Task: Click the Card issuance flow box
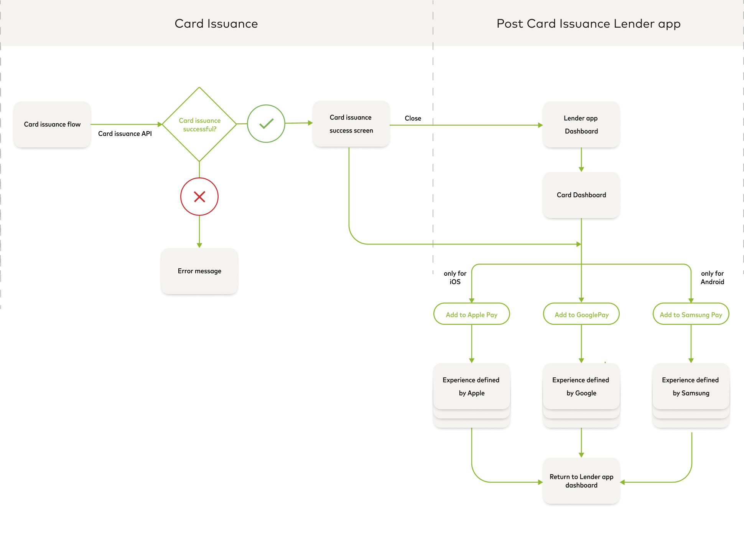click(x=52, y=124)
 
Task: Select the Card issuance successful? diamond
click(x=199, y=124)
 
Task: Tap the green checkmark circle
click(x=266, y=124)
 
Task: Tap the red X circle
click(x=199, y=197)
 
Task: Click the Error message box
click(x=199, y=271)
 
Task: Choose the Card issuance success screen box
click(x=351, y=124)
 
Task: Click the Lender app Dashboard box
click(x=581, y=124)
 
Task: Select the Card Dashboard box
click(x=581, y=195)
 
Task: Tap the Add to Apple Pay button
click(x=472, y=314)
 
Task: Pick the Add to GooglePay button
click(x=581, y=314)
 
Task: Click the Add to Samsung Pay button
click(x=691, y=314)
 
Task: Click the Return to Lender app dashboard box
click(x=581, y=481)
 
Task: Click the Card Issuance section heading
click(x=216, y=24)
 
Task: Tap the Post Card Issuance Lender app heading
click(x=588, y=24)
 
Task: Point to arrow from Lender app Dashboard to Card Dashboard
click(x=581, y=160)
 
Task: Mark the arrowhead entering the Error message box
click(x=199, y=245)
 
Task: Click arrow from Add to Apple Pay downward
click(x=472, y=343)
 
